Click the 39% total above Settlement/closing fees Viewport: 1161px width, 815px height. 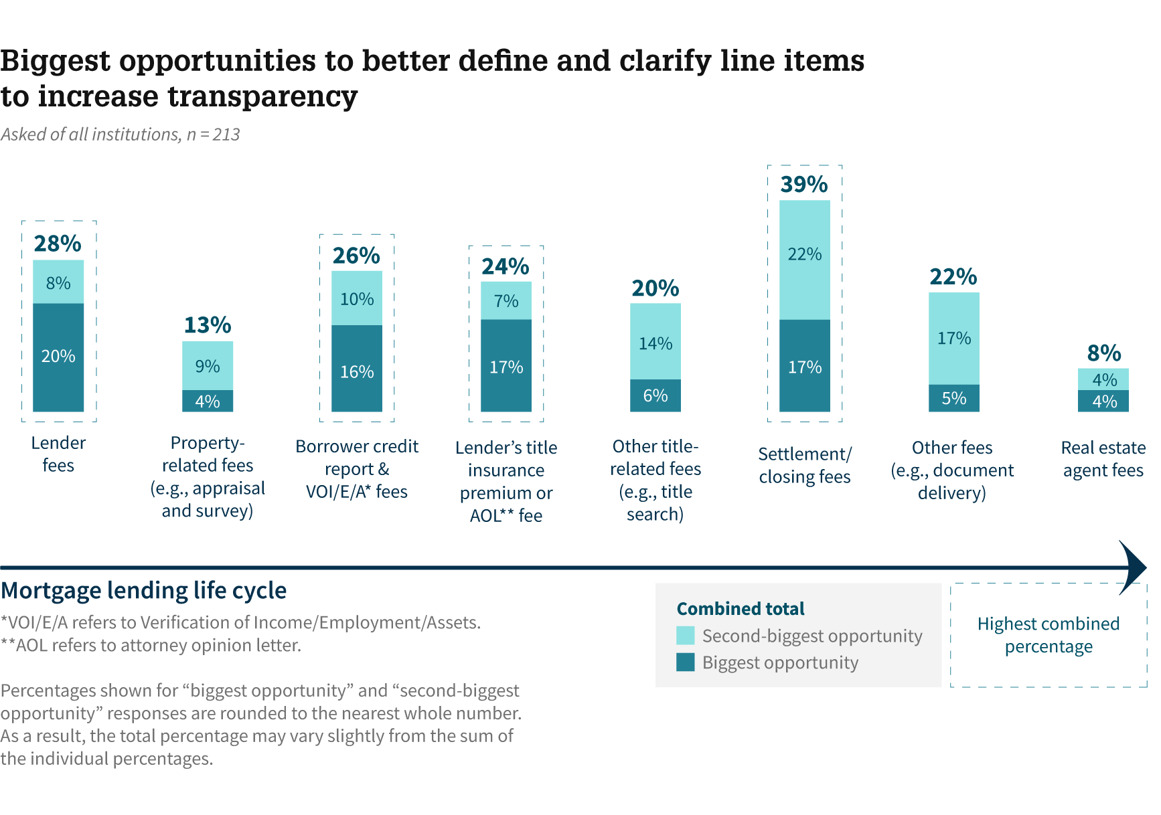[804, 184]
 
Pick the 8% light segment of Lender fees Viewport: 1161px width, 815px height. [58, 282]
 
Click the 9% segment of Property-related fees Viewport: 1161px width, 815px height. [208, 366]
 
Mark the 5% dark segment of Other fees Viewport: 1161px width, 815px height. [953, 398]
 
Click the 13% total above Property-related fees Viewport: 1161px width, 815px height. [208, 325]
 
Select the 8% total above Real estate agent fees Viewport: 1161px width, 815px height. [1103, 353]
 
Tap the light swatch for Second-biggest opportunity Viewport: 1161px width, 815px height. [686, 635]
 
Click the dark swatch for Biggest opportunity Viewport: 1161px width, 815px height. [686, 662]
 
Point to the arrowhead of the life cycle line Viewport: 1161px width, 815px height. [1134, 567]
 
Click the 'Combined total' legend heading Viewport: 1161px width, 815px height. [741, 609]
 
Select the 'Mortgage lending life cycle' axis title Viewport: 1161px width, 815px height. [143, 591]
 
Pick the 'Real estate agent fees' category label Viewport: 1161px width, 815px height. [1103, 459]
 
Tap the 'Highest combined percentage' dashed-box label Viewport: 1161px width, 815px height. [1048, 635]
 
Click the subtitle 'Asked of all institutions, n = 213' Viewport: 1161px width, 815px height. [121, 134]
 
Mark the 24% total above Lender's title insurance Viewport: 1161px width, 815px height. [506, 266]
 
